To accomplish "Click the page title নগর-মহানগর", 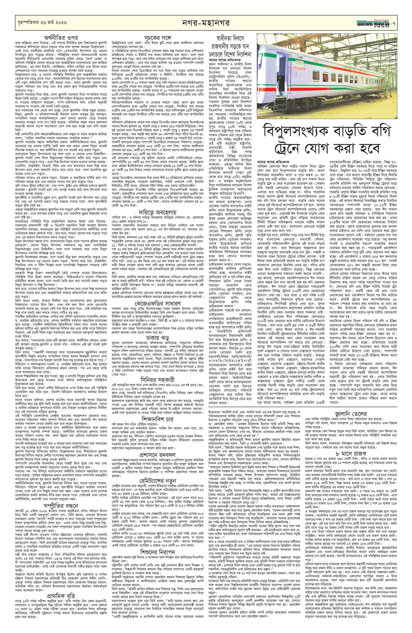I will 205,23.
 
